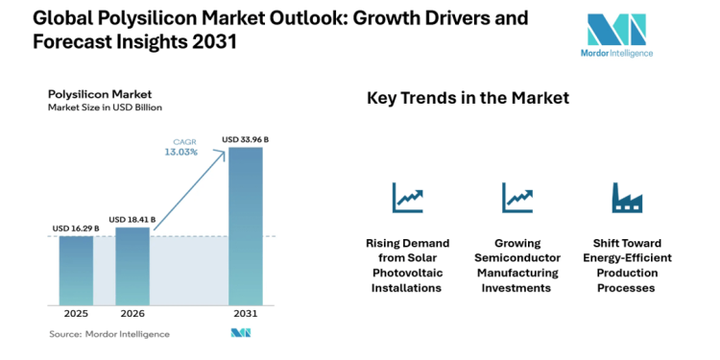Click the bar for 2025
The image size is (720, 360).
[76, 271]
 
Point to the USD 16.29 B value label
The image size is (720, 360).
[76, 228]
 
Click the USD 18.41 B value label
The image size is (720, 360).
[132, 220]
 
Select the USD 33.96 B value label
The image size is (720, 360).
[245, 139]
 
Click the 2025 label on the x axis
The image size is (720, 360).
[76, 314]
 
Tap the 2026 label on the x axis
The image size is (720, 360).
[132, 314]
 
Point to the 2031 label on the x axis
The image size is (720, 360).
[245, 314]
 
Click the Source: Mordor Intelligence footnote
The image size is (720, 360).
[108, 334]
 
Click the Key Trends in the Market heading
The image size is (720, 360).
[468, 98]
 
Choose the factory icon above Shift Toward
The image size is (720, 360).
[627, 198]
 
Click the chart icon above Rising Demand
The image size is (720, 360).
[407, 198]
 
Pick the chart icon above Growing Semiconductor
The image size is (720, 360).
[516, 198]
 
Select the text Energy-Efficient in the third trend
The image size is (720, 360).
[627, 258]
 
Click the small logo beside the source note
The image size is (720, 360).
[240, 333]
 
